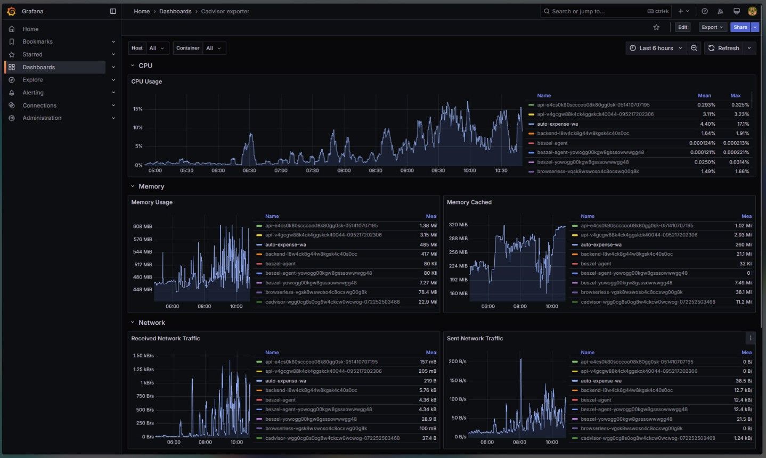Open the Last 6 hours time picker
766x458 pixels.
[655, 48]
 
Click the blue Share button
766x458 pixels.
[740, 27]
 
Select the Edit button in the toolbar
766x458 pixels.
[682, 27]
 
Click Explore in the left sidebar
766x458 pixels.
[32, 80]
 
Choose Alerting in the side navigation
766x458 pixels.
[33, 93]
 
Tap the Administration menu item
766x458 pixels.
[42, 118]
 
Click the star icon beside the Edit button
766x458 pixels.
[656, 27]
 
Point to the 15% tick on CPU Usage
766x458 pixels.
[137, 109]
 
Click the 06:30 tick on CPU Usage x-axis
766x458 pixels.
[249, 171]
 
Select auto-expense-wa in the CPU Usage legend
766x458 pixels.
[557, 124]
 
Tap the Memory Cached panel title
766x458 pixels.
[469, 202]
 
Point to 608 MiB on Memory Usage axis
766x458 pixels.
[142, 226]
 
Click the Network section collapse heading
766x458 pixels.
[151, 323]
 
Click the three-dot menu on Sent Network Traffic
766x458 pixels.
[750, 338]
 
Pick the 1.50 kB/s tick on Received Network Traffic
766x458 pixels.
[143, 356]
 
